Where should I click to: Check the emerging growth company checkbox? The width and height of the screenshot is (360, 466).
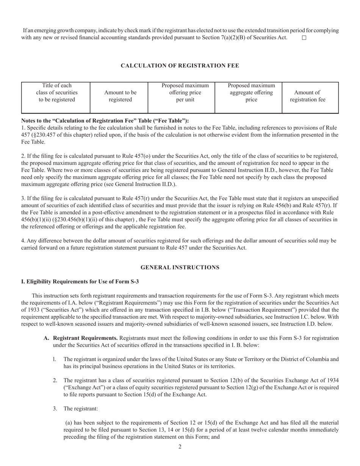304,38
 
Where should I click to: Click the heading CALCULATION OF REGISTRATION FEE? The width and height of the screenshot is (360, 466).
180,66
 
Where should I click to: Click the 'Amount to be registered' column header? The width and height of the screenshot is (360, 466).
121,96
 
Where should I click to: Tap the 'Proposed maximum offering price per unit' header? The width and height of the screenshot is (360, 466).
185,92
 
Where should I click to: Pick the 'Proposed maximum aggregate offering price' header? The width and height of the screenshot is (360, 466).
251,92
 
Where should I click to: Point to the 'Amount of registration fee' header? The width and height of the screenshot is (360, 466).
307,96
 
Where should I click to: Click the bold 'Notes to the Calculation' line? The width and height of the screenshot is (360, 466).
105,120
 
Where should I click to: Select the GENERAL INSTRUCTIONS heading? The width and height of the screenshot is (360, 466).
180,267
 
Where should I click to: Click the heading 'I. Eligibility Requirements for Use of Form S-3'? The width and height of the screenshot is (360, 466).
80,281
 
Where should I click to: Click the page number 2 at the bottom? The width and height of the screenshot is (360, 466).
180,447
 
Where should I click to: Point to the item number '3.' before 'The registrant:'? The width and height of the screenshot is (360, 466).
55,408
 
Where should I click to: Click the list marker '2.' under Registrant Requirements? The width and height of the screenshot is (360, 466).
55,380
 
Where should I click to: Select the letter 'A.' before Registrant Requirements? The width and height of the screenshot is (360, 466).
46,338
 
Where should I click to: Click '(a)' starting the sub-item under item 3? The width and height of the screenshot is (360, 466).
69,422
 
